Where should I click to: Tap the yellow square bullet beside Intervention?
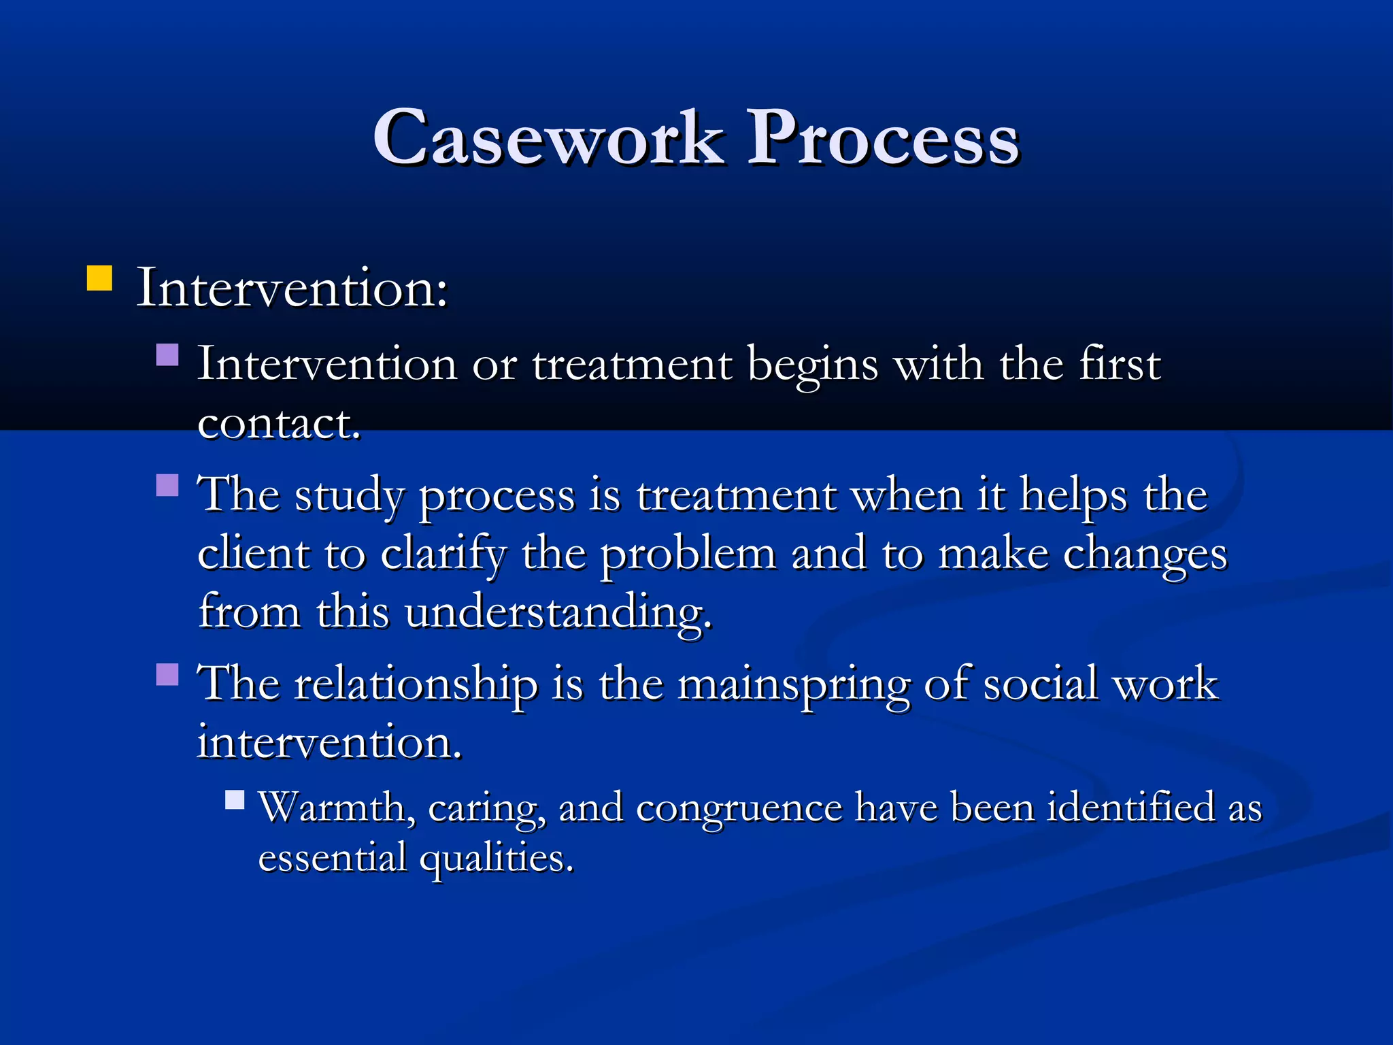click(x=99, y=278)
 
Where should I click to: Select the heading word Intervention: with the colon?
click(x=292, y=288)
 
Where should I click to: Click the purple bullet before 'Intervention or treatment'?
click(x=167, y=355)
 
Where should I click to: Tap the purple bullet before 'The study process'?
click(x=167, y=486)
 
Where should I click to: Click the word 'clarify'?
click(x=443, y=554)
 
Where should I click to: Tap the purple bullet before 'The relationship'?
click(x=167, y=674)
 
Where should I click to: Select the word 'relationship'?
click(x=415, y=684)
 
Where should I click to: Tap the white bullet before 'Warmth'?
click(x=235, y=799)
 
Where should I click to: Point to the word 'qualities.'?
click(x=496, y=859)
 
